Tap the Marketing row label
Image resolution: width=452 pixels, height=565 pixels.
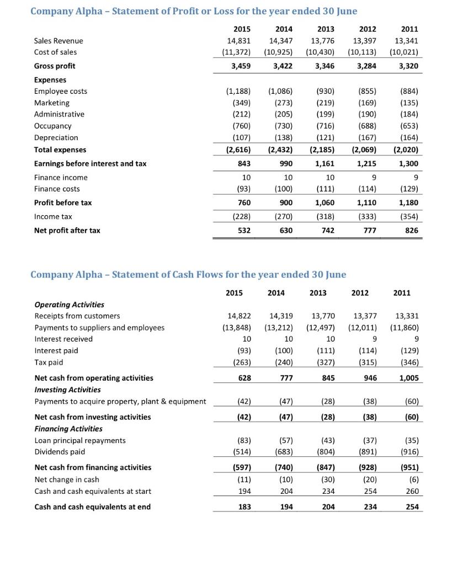coord(52,103)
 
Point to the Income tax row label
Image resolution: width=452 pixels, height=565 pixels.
coord(53,216)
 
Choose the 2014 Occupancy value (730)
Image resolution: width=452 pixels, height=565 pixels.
coord(280,126)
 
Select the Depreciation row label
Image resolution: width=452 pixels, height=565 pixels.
coord(56,137)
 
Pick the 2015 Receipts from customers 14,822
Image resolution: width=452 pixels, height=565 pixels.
coord(239,316)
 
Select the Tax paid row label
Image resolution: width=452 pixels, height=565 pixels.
coord(49,362)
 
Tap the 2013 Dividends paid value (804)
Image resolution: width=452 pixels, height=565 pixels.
coord(323,451)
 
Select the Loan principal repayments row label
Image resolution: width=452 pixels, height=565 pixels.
coord(80,440)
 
